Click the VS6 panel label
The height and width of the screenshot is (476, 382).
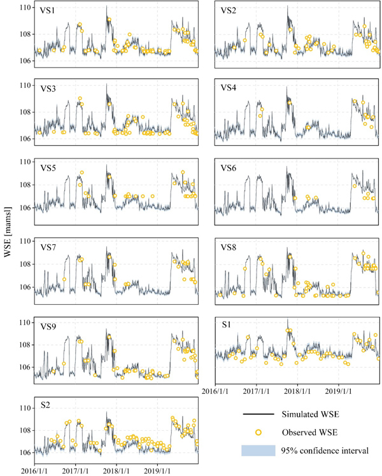coord(230,168)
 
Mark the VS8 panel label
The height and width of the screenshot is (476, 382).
coord(230,247)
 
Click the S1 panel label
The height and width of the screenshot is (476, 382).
coord(227,326)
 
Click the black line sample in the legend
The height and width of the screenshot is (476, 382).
coord(258,414)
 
